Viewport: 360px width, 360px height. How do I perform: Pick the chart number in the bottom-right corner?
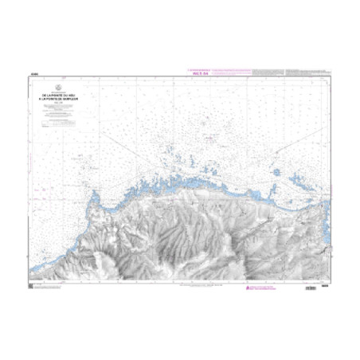(x=324, y=287)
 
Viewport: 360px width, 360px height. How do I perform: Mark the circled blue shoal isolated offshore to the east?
(x=276, y=171)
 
